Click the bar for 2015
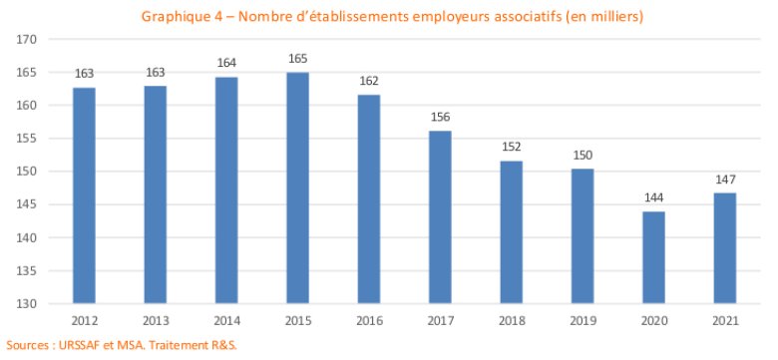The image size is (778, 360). (297, 187)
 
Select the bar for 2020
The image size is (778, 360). (653, 257)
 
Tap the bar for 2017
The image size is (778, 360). (440, 217)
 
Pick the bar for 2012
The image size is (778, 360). (85, 195)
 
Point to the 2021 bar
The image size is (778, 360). (725, 248)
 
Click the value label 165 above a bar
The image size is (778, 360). (297, 59)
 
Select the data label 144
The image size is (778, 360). (653, 198)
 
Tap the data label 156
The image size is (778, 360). (440, 118)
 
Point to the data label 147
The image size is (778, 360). (725, 180)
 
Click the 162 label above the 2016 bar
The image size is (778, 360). (369, 82)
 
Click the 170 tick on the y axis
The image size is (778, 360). (25, 39)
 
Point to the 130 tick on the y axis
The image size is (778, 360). (25, 303)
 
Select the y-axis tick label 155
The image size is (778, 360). (25, 139)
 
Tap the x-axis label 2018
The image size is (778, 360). (511, 321)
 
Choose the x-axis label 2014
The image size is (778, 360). (226, 321)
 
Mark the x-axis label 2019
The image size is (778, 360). (583, 321)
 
